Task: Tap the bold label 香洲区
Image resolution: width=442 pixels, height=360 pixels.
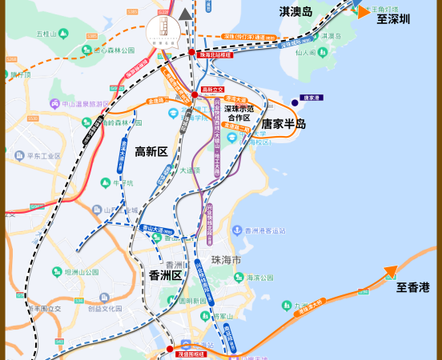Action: pos(166,275)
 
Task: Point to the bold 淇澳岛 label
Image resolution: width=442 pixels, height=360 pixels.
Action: pos(295,11)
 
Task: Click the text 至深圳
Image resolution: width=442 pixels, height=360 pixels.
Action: pos(393,18)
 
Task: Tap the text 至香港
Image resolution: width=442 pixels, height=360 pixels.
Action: pos(413,286)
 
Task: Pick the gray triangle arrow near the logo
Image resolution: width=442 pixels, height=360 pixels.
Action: pos(187,14)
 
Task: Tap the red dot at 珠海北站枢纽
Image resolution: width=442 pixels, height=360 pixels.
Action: pos(192,53)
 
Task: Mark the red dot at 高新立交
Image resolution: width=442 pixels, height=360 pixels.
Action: pos(195,95)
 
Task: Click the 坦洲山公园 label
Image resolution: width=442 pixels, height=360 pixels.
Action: pos(81,272)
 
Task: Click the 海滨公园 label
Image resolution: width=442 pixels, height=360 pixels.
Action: pos(259,278)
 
